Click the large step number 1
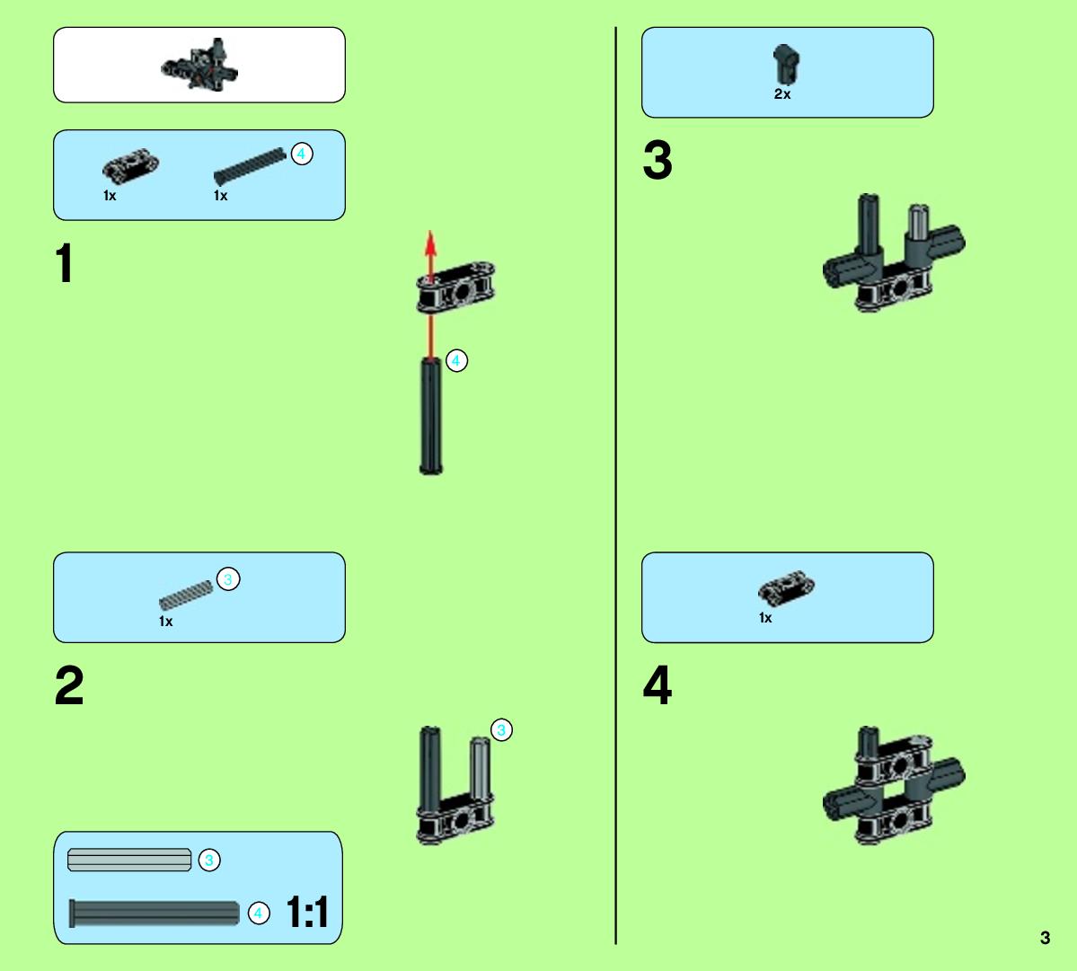click(65, 262)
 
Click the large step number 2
click(68, 684)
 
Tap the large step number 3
click(658, 160)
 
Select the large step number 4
click(658, 684)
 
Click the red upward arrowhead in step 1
click(430, 243)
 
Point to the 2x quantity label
click(782, 94)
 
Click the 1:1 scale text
click(306, 912)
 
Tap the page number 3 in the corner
click(1045, 938)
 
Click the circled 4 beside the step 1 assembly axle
click(457, 360)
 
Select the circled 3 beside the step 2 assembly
click(501, 730)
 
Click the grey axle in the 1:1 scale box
click(129, 860)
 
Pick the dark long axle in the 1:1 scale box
click(154, 914)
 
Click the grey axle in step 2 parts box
click(186, 596)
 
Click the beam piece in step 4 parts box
click(787, 588)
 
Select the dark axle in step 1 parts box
click(250, 166)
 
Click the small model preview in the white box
click(200, 65)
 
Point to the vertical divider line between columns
click(615, 485)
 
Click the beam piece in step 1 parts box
click(130, 166)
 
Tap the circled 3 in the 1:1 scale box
click(209, 860)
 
